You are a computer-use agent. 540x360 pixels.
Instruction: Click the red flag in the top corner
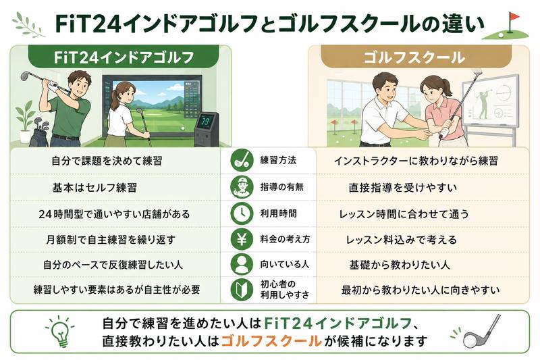click(514, 17)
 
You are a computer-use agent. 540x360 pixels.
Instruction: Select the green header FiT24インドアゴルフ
click(124, 57)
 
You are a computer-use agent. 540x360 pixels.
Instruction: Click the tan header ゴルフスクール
click(415, 57)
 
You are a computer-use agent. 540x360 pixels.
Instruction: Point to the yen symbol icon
click(242, 238)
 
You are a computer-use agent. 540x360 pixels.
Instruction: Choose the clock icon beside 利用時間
click(242, 213)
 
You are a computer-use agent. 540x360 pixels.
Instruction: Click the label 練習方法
click(278, 160)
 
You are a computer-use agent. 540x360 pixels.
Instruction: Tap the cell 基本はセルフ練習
click(94, 188)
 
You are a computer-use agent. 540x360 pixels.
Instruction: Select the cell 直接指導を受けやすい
click(402, 188)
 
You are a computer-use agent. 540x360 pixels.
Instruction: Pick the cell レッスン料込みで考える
click(401, 240)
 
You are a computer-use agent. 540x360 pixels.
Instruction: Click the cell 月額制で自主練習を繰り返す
click(111, 239)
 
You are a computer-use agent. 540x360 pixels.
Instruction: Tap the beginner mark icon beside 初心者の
click(242, 289)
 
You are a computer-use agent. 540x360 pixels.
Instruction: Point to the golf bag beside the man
click(39, 133)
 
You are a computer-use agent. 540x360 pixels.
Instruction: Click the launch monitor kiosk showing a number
click(207, 128)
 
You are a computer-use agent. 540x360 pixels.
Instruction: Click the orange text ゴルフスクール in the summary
click(271, 341)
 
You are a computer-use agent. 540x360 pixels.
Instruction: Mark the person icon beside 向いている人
click(242, 264)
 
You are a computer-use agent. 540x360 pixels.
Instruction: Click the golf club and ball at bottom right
click(481, 332)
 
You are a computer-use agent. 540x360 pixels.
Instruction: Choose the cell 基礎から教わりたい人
click(400, 265)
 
